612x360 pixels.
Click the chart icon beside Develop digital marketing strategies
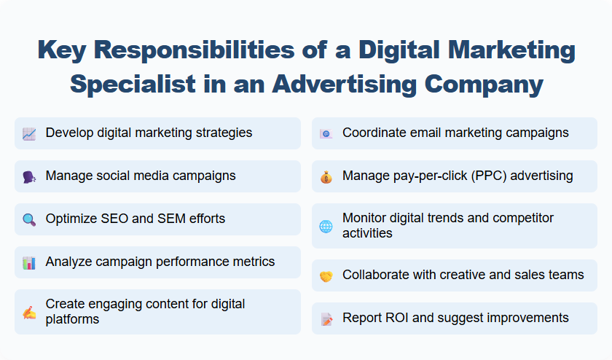29,133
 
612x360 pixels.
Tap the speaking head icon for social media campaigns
29,176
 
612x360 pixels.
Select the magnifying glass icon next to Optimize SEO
29,219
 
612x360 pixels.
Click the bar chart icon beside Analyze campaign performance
29,262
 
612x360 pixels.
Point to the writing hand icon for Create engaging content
29,312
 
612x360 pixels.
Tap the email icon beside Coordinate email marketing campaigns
326,133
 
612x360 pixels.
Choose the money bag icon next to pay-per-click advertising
326,176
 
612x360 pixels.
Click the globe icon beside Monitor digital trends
326,226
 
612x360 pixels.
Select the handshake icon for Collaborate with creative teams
326,275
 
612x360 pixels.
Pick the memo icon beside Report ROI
326,318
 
